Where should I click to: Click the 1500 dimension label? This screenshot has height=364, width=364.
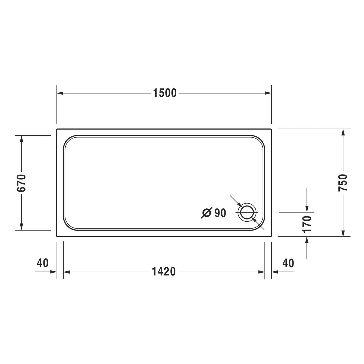(165, 93)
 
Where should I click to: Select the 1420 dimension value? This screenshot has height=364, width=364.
(164, 272)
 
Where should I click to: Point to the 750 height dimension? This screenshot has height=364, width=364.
(343, 183)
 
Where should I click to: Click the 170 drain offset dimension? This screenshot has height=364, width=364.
(307, 224)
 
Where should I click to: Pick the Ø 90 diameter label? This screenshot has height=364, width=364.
(214, 213)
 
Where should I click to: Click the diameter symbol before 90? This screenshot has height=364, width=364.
(206, 213)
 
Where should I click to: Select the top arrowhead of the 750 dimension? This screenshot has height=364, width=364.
(343, 132)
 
